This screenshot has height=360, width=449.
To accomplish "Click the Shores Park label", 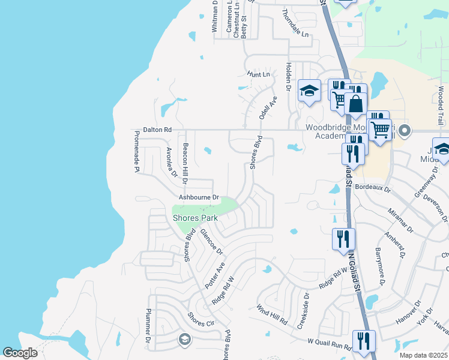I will pos(195,218).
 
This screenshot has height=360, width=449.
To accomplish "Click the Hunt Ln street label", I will pos(259,74).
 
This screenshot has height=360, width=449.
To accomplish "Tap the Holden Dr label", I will pos(289,77).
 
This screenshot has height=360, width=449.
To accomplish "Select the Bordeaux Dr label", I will pos(373,188).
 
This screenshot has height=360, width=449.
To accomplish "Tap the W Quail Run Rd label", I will pos(329,345).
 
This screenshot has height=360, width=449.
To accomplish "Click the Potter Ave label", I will pos(215,275).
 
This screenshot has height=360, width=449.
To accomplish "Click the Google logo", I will pos(20,353).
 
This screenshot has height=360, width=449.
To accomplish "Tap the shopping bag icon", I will pos(355,103).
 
